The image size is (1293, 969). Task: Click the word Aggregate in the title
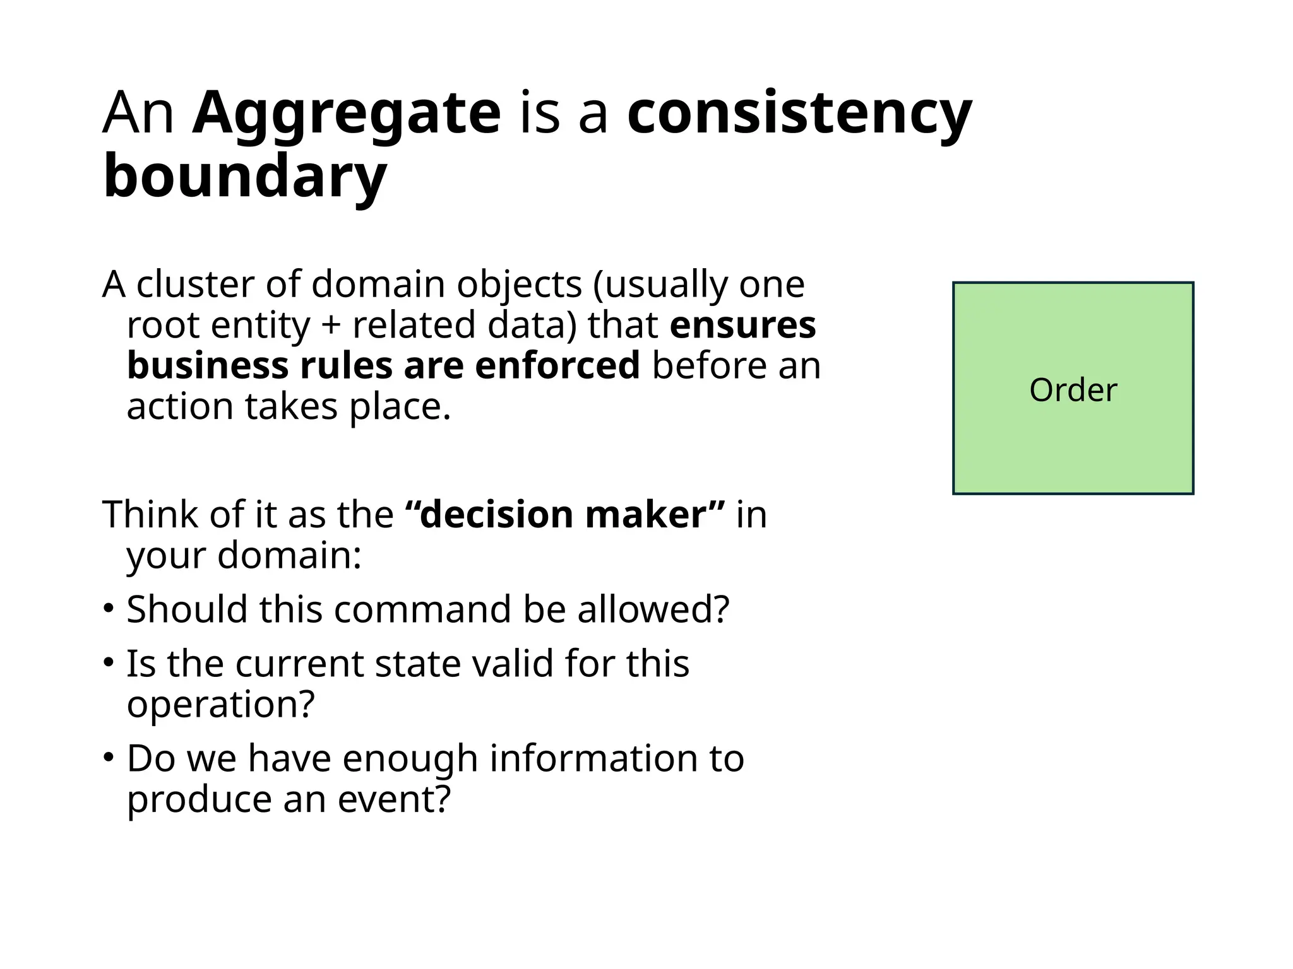(346, 114)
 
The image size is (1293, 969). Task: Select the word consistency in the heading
(799, 114)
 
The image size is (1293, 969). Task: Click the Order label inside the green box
(1073, 390)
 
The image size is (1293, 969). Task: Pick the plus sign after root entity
(331, 326)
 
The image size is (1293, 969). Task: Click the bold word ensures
(742, 326)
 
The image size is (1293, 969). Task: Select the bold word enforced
(557, 366)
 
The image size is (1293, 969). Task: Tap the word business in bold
(208, 366)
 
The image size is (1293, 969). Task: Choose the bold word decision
(496, 514)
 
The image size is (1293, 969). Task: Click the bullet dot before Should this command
(109, 609)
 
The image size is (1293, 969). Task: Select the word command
(423, 609)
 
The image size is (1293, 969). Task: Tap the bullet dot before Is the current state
(109, 663)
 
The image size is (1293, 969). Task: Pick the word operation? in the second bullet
(220, 704)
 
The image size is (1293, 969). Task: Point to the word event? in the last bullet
(395, 799)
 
